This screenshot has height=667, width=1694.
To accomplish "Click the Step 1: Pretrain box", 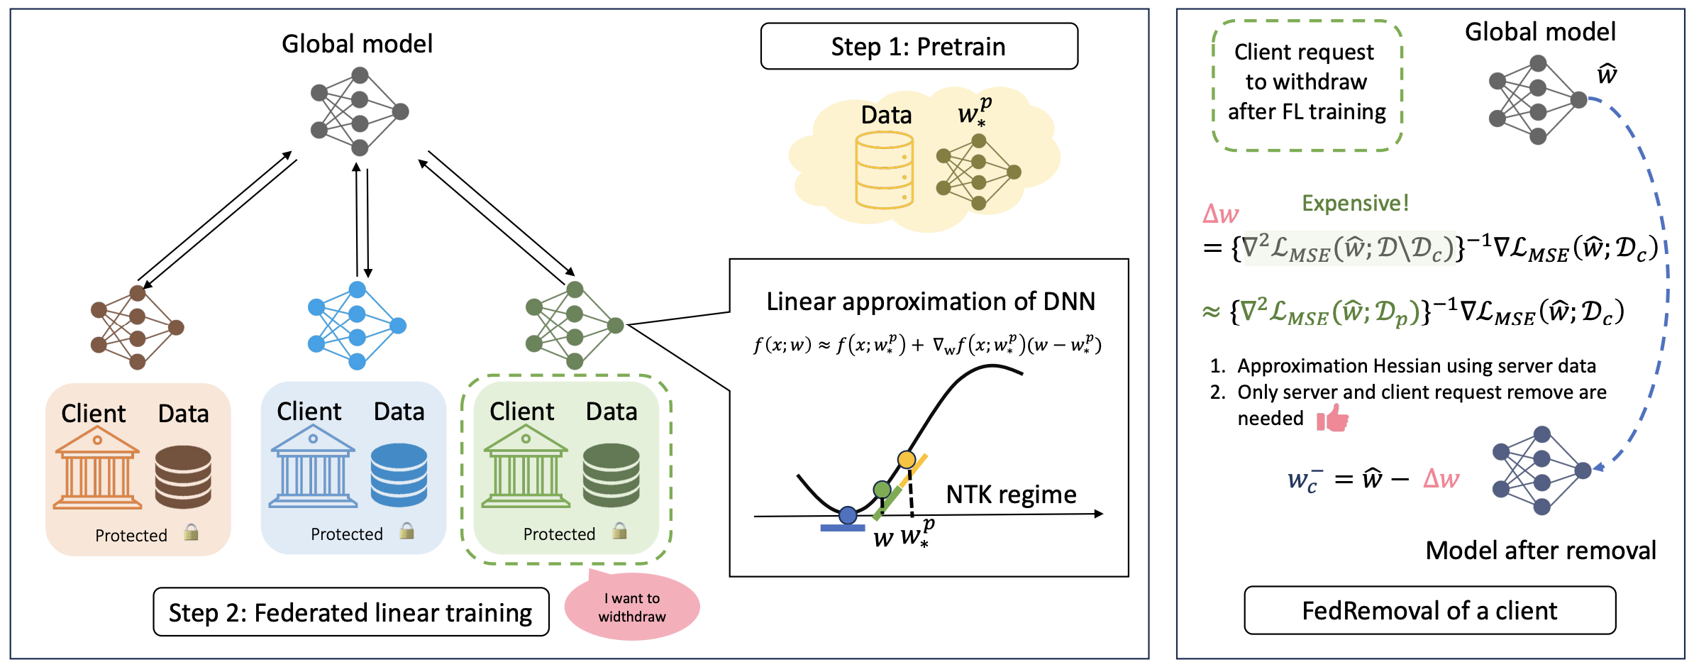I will tap(919, 47).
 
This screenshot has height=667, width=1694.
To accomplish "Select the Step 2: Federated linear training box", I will tap(350, 612).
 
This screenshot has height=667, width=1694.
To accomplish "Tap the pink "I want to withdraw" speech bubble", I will tap(631, 607).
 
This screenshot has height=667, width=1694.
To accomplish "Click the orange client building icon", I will tap(98, 468).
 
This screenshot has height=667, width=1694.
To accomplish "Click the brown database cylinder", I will tap(183, 476).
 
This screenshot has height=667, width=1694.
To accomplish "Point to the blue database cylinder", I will tap(399, 475).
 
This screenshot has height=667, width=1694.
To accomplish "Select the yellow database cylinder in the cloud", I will tap(884, 170).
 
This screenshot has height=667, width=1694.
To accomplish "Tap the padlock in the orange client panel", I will tap(191, 532).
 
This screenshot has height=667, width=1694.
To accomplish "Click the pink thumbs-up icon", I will tap(1333, 418).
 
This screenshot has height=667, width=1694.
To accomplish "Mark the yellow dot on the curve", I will tap(906, 460).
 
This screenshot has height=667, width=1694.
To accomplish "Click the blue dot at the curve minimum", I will tap(847, 515).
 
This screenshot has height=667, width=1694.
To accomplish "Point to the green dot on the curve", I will tap(882, 490).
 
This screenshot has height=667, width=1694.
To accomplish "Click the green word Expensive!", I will tap(1355, 204).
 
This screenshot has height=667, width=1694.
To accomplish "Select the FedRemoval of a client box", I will tap(1429, 611).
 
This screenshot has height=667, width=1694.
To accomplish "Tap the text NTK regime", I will tap(1011, 495).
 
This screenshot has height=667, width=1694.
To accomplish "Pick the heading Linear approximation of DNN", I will tap(930, 302).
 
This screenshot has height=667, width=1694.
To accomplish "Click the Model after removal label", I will tap(1540, 551).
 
